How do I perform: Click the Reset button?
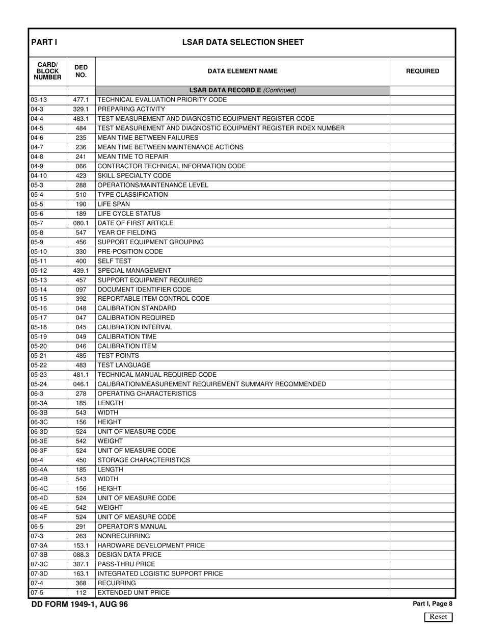click(x=439, y=617)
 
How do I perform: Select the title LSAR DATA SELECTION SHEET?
click(x=243, y=42)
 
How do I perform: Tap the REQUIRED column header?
click(x=422, y=71)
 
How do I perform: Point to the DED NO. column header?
click(x=81, y=71)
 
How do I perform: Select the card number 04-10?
click(x=39, y=176)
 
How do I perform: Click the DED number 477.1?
click(x=81, y=100)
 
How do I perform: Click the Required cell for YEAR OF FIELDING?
click(x=422, y=232)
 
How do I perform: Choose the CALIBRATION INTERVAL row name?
click(x=135, y=327)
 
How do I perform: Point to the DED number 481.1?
click(x=81, y=375)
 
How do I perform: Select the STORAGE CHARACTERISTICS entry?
click(x=144, y=460)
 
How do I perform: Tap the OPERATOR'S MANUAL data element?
click(x=132, y=526)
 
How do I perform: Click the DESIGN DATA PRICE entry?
click(x=129, y=555)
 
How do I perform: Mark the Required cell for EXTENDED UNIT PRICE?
click(x=422, y=593)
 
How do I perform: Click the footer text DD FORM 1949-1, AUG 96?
click(x=80, y=605)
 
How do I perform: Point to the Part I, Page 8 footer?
click(x=433, y=604)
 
